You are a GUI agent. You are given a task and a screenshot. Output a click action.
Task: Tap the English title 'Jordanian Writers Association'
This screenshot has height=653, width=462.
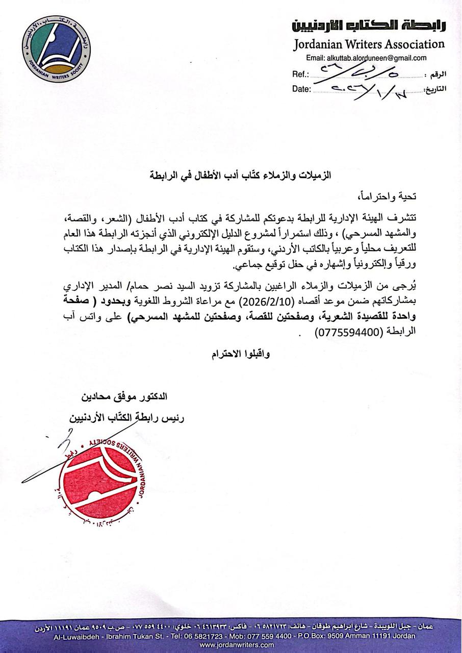(x=369, y=44)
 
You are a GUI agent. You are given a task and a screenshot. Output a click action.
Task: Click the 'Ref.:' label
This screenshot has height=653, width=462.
(x=301, y=74)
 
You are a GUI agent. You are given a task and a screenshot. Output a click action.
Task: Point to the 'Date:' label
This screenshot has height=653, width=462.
(x=301, y=89)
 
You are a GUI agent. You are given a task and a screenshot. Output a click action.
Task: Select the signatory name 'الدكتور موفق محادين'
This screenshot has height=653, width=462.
(x=124, y=396)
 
